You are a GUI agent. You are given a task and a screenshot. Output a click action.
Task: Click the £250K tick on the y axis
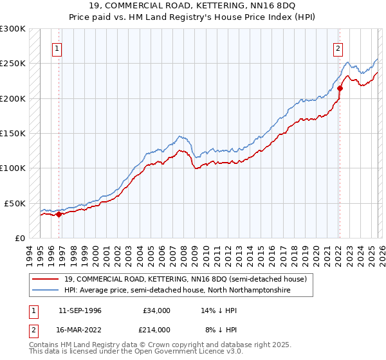tap(13, 64)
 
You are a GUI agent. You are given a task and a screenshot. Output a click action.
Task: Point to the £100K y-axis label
tap(13, 168)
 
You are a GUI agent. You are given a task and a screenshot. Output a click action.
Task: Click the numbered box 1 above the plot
tap(58, 48)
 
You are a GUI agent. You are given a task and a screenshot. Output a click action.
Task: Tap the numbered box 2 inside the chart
tap(338, 48)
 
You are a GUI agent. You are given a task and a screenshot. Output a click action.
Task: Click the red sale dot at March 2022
tap(340, 89)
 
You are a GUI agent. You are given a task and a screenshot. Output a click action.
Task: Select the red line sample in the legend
tap(46, 279)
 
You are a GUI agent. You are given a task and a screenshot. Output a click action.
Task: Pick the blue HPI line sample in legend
tap(46, 291)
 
